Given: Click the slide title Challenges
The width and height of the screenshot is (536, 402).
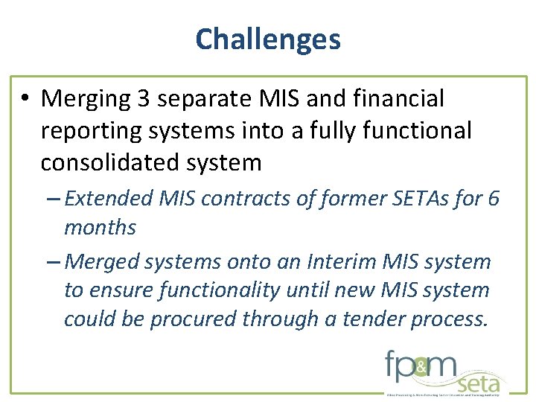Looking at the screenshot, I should tap(268, 39).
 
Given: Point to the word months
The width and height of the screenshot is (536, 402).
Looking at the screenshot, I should tap(100, 227).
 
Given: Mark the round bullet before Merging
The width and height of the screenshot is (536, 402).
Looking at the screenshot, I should tap(28, 99).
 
